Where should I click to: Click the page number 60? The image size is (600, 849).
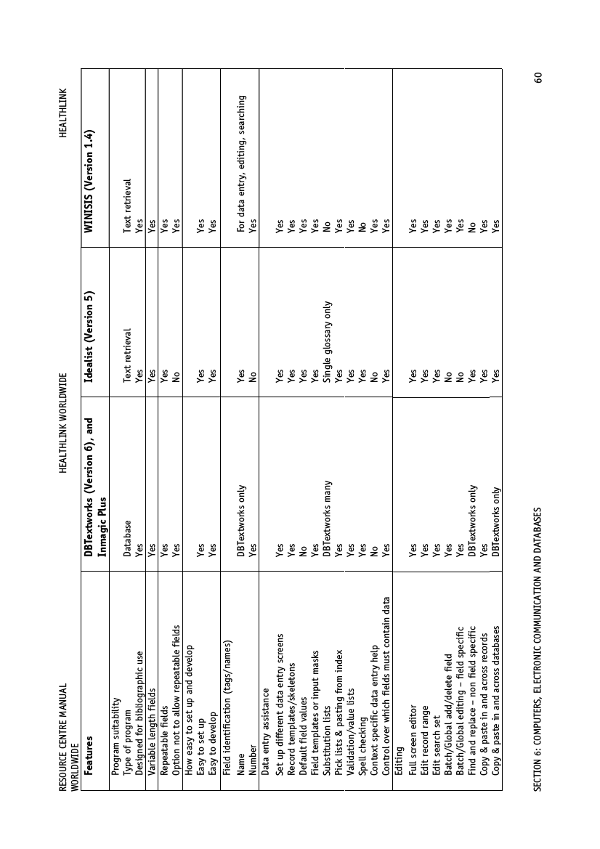538,78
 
